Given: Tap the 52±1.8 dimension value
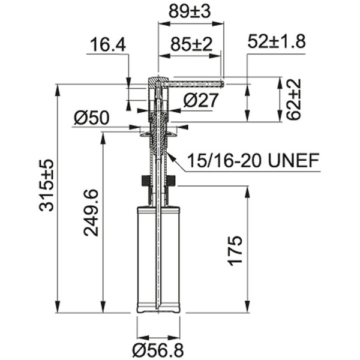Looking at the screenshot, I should coord(276,41).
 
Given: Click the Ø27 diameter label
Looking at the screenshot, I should coord(201,100).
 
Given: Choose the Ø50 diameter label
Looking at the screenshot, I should coord(91,118).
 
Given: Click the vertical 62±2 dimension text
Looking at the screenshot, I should coord(293,100).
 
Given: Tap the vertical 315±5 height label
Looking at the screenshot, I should coord(46,185).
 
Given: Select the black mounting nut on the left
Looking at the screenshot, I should coord(144,180).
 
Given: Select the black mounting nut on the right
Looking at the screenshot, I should coord(172,180).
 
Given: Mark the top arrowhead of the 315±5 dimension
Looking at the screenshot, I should coord(57,88).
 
